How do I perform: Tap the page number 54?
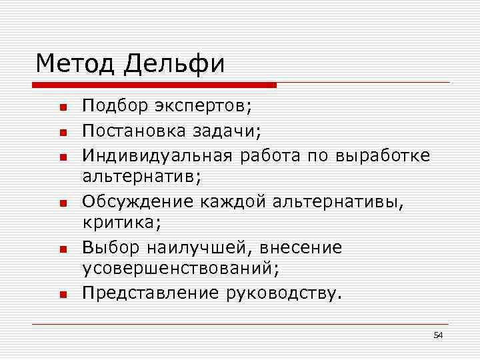438,335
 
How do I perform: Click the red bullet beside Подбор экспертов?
61,107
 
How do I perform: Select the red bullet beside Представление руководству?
61,293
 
